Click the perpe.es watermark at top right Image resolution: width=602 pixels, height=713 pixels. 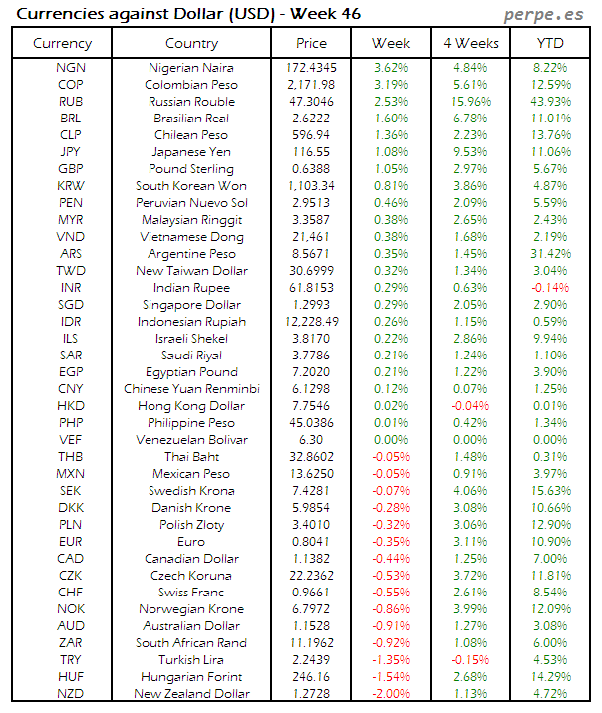click(546, 14)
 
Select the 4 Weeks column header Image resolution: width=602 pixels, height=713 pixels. click(470, 43)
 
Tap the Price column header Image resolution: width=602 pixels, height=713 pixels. click(311, 43)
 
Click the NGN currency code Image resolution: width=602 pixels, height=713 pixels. click(70, 68)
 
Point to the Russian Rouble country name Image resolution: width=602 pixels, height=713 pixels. click(191, 102)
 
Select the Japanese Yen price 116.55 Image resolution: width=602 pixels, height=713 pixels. click(311, 152)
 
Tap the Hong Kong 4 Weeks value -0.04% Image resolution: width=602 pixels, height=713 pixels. click(470, 406)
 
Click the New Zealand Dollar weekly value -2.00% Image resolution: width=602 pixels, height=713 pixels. click(390, 694)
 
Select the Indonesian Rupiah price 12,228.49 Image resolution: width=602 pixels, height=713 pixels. click(311, 322)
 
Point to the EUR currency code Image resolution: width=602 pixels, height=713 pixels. click(70, 542)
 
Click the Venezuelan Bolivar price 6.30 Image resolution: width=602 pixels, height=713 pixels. click(311, 440)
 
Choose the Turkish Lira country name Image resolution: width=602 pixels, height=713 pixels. click(191, 660)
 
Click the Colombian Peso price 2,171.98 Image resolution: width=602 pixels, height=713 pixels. click(311, 85)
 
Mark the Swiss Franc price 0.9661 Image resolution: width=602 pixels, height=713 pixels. click(311, 593)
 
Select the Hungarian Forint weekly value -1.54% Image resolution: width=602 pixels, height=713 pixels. click(390, 677)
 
